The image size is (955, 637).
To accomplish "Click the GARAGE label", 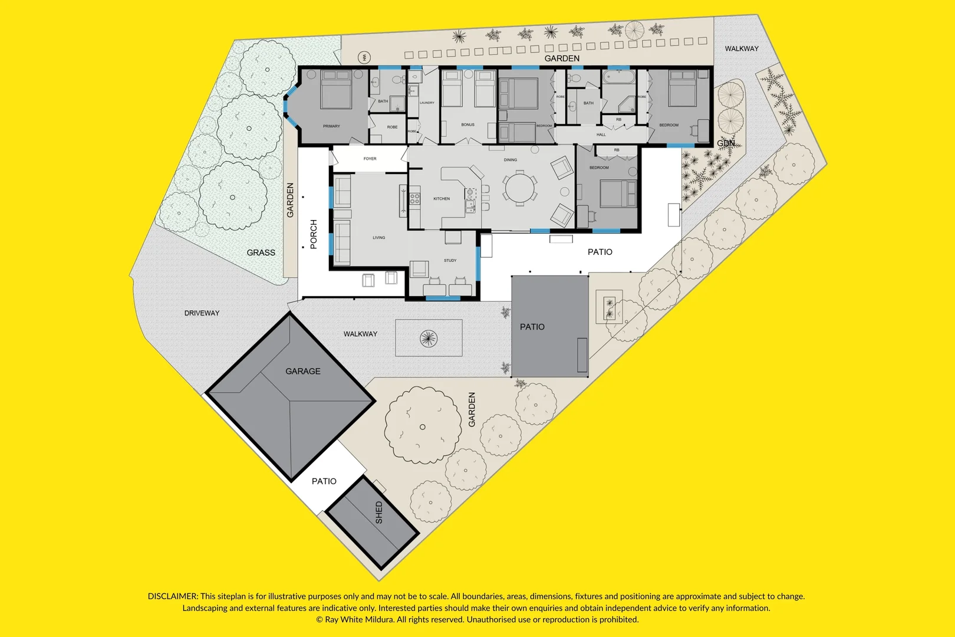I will [x=303, y=371].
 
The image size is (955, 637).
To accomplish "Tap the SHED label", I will [x=378, y=512].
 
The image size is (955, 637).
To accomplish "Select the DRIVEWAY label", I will [x=202, y=313].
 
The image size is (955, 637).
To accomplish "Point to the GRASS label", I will [x=261, y=252].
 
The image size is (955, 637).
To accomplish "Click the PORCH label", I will [x=314, y=234].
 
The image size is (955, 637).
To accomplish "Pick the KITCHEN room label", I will [x=442, y=199].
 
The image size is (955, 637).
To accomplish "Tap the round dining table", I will [x=519, y=188].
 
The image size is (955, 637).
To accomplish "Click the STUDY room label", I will [x=450, y=260].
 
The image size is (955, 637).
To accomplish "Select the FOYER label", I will [x=370, y=159].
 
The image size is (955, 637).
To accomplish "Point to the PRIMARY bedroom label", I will [x=331, y=126].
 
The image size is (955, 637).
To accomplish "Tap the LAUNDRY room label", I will [x=427, y=103].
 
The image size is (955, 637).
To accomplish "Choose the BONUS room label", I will [x=467, y=125].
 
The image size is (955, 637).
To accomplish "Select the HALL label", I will [x=601, y=134].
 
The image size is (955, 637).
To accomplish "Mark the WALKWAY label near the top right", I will [x=742, y=49].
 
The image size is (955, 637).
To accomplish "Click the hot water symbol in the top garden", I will [x=365, y=57].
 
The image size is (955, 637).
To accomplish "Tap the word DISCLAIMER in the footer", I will [x=173, y=596].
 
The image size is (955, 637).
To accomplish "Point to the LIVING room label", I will [x=378, y=238].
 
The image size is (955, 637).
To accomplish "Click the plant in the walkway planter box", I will [x=429, y=338].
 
